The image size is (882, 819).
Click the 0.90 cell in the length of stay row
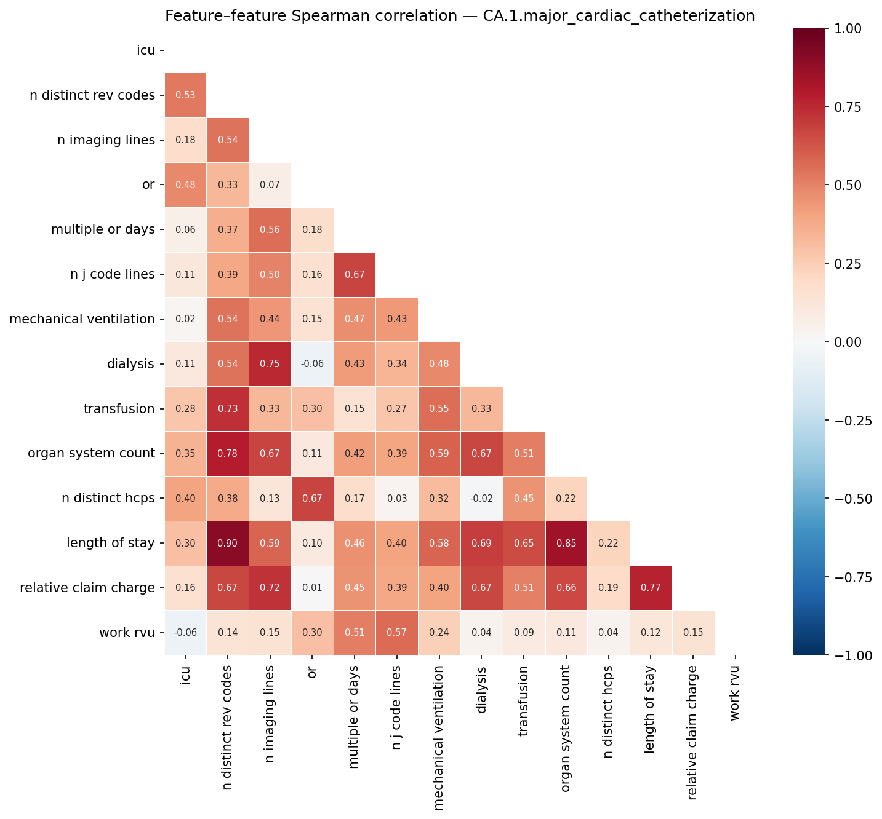[x=228, y=543]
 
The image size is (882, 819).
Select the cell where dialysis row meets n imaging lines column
[x=270, y=363]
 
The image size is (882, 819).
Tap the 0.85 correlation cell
[x=566, y=543]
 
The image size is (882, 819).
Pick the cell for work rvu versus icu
[x=185, y=633]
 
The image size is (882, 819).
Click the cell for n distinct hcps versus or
[x=312, y=498]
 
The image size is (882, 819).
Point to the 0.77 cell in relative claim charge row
[x=651, y=588]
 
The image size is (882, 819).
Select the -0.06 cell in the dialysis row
[x=312, y=363]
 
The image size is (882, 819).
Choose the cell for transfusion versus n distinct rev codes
[x=228, y=408]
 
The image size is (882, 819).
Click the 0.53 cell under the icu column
[x=185, y=95]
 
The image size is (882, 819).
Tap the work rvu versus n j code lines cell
[x=397, y=633]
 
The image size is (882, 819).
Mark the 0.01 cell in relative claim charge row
[x=312, y=588]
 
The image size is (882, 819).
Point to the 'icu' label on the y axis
[x=146, y=50]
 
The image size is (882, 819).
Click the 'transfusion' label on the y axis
[x=119, y=409]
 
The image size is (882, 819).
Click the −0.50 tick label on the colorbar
[x=854, y=499]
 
